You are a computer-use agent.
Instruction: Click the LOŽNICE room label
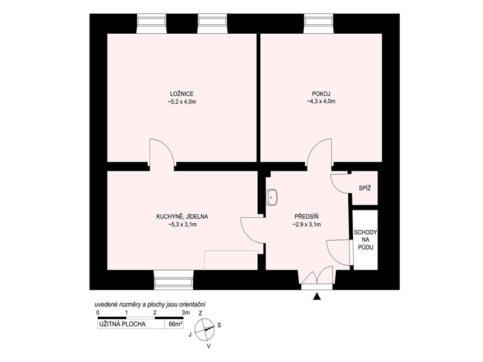[182, 94]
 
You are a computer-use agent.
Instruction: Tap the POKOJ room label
[321, 94]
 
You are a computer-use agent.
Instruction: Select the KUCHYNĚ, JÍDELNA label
[182, 217]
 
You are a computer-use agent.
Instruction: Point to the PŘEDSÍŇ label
[307, 217]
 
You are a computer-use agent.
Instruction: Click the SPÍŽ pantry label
[365, 188]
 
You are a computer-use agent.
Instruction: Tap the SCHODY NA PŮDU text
[365, 240]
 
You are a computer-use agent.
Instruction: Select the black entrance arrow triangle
[316, 296]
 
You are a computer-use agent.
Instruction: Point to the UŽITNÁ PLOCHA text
[123, 324]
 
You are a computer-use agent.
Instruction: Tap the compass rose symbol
[205, 329]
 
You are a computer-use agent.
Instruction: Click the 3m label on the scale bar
[186, 313]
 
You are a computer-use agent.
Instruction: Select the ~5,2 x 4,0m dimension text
[182, 101]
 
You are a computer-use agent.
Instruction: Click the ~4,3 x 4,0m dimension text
[321, 101]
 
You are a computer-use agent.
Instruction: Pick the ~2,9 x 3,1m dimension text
[307, 224]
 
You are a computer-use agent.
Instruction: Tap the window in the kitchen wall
[173, 280]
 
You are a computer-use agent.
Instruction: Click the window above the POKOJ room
[319, 24]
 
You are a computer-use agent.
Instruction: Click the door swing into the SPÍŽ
[341, 184]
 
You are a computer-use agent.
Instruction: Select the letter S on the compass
[219, 325]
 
